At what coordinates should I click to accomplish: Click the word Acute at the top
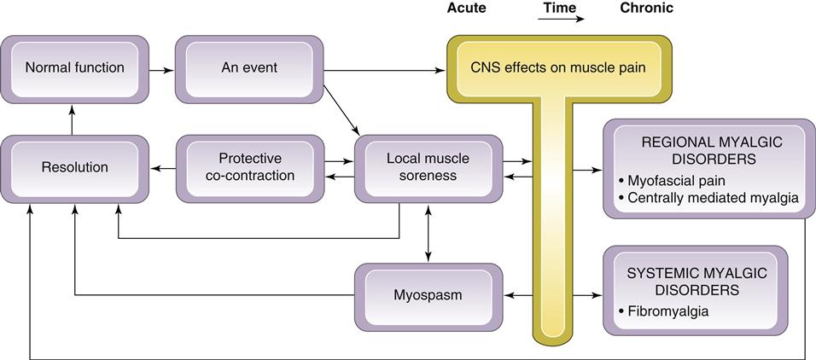[467, 9]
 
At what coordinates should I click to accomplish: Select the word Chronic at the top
[646, 9]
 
